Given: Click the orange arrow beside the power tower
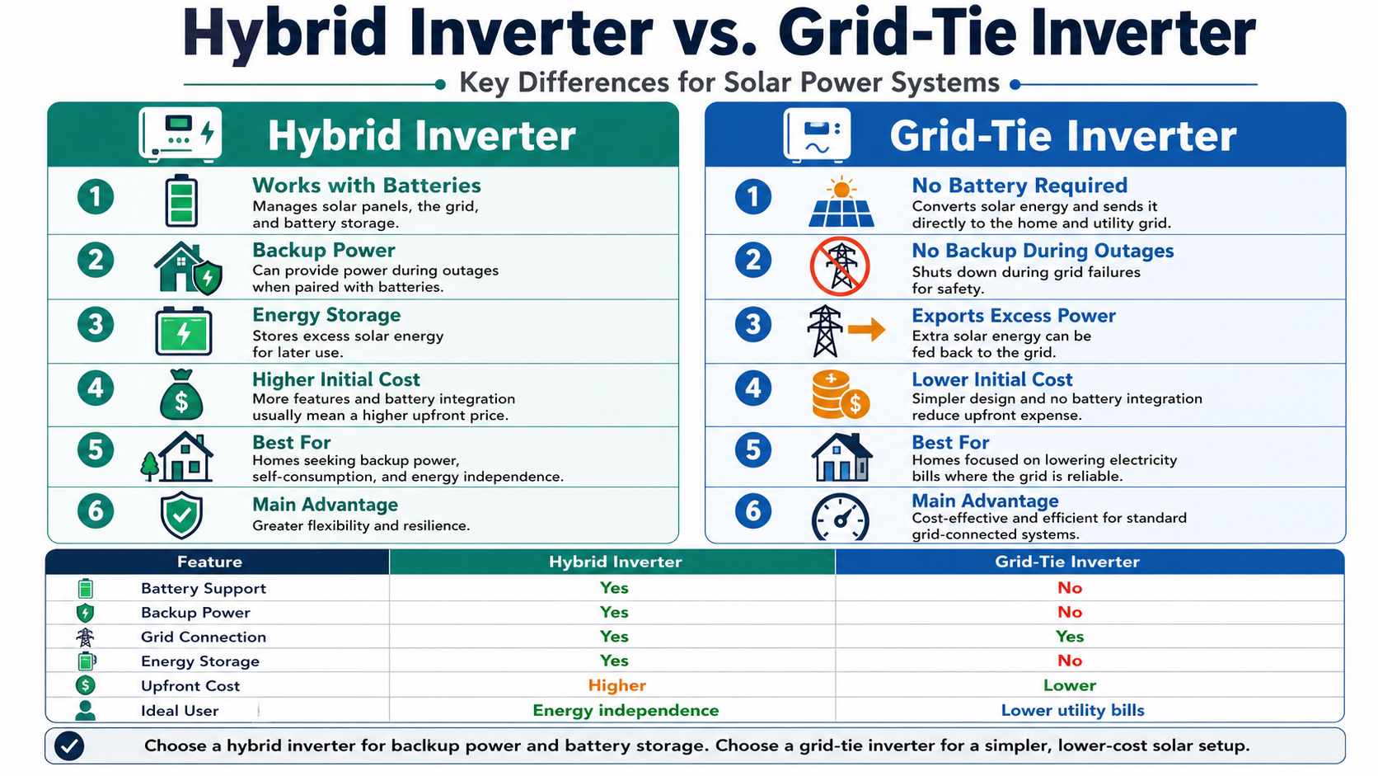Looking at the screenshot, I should coord(865,331).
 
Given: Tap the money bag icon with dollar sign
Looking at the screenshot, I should coord(181,395).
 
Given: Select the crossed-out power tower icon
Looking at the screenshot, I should coord(840,266).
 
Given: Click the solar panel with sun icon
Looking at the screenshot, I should coord(841,203).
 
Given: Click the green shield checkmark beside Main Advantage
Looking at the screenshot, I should coord(181,515).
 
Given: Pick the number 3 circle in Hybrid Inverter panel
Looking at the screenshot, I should coord(96,324).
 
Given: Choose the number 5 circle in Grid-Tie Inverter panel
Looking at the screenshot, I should coord(752,450).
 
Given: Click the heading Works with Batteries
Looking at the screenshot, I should coord(366,186).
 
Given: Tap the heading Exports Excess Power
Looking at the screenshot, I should coord(1013,316).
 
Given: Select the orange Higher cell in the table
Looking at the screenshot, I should coord(616,685).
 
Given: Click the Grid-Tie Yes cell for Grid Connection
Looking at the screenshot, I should coord(1069,637).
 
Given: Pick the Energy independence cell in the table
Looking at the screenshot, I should coord(625,710).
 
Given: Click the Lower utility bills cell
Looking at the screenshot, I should coord(1072,710).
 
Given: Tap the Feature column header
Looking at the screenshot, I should coord(209,562).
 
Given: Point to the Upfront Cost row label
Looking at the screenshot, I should coord(190,686).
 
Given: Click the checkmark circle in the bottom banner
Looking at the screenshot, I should coord(69,746).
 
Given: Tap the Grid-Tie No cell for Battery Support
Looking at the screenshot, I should coord(1069,588).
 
